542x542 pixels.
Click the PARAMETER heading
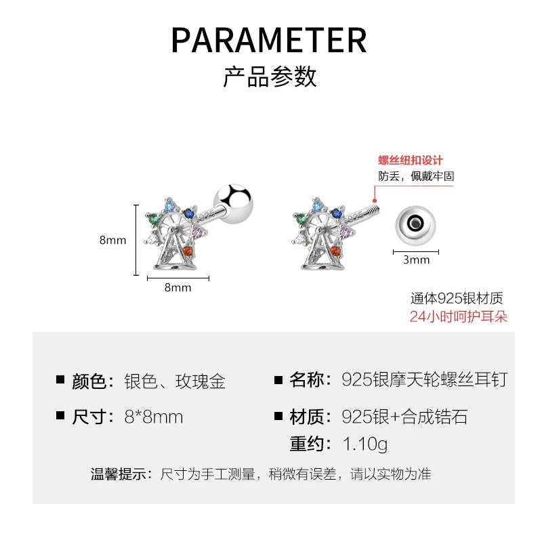click(x=269, y=41)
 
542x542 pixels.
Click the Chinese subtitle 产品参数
click(x=270, y=77)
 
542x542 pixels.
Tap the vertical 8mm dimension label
click(x=112, y=240)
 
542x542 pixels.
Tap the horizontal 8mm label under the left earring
click(x=178, y=287)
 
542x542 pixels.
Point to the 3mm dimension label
click(x=416, y=259)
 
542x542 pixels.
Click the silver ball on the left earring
click(x=233, y=204)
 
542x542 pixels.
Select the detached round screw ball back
click(x=415, y=226)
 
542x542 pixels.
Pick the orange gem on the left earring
click(x=188, y=251)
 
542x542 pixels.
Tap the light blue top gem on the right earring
click(x=317, y=207)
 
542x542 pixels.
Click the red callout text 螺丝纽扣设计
click(x=411, y=161)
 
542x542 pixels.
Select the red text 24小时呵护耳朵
click(x=459, y=316)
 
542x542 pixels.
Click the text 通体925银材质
click(x=457, y=298)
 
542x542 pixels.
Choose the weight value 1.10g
click(x=365, y=444)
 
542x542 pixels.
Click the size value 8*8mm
click(x=154, y=417)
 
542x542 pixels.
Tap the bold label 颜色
click(x=89, y=381)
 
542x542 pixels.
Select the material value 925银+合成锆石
click(x=404, y=417)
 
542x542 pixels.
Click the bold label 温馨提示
click(x=118, y=474)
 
